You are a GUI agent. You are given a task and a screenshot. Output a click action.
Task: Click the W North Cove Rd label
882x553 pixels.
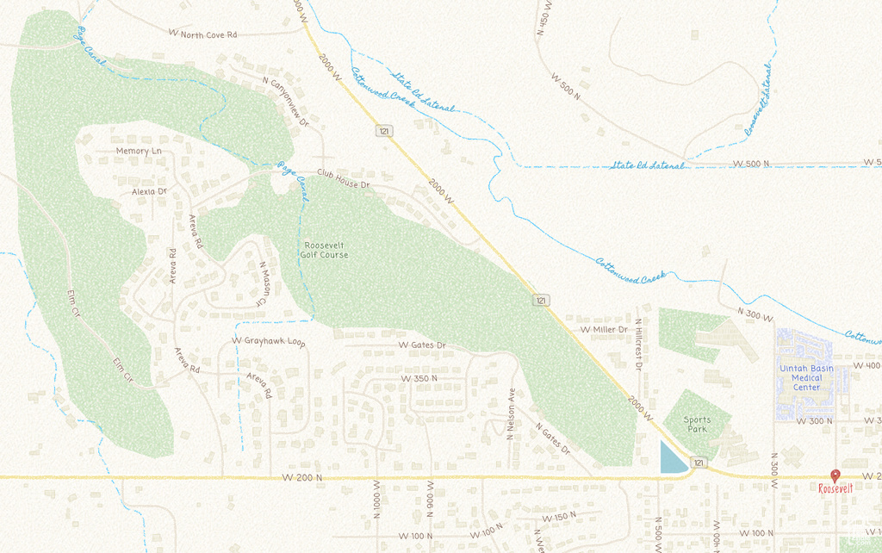tap(202, 34)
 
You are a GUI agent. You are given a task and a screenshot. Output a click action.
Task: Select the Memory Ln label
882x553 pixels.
tap(139, 151)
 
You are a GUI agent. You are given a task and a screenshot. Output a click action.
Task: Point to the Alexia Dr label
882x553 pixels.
tap(149, 191)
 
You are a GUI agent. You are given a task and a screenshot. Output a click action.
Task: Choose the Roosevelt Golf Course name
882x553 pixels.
tap(325, 250)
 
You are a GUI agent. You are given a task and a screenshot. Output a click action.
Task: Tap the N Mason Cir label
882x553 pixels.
tap(262, 283)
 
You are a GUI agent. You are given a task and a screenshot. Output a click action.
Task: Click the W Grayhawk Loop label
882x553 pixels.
tap(269, 341)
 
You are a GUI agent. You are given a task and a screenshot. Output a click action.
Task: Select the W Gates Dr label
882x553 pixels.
tap(422, 345)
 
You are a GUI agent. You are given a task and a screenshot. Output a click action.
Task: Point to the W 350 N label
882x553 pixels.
tap(419, 378)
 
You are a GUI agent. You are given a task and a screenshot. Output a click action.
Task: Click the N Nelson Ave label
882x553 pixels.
tap(510, 413)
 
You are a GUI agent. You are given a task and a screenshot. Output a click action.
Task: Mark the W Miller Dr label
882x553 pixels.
tap(604, 330)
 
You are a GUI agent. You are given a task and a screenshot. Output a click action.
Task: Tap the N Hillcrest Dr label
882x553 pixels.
tap(638, 340)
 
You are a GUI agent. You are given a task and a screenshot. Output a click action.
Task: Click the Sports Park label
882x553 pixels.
tap(698, 424)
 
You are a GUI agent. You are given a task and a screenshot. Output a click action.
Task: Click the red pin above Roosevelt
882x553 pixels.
tap(835, 475)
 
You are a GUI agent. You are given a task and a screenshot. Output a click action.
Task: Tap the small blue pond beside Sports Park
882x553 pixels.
tap(672, 458)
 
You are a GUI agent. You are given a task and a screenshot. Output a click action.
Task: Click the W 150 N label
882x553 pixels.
tap(559, 518)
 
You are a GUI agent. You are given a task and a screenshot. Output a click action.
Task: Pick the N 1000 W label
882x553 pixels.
tap(376, 504)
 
